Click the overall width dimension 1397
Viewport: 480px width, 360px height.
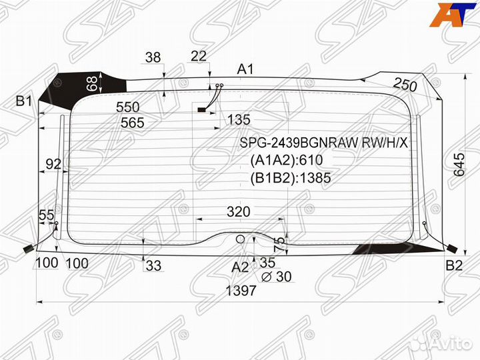(x=241, y=291)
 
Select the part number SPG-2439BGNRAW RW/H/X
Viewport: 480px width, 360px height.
(x=324, y=143)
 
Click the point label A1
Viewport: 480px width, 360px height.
(x=245, y=69)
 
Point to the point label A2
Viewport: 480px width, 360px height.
(x=240, y=267)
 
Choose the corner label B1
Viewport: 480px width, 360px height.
(x=24, y=101)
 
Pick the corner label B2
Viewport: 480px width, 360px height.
(x=454, y=265)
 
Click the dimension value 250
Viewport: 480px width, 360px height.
(x=405, y=85)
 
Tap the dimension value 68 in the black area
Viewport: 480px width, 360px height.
(x=92, y=83)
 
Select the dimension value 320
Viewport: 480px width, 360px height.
(x=239, y=211)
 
